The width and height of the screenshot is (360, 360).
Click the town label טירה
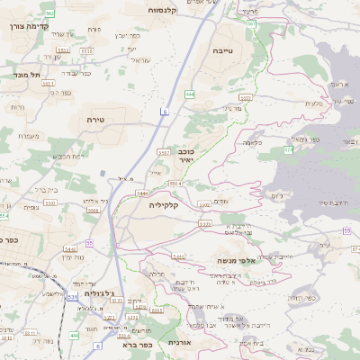coord(97,120)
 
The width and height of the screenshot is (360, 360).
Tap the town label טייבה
coord(222,52)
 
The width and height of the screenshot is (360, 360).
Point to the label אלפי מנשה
coord(233,260)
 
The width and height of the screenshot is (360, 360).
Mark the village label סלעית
coord(314,104)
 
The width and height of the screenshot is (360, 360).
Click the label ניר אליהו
coord(91,201)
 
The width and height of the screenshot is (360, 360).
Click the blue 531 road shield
coord(71,295)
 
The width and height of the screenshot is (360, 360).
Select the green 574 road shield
coord(205,223)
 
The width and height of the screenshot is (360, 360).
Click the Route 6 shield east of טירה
coord(165,111)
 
